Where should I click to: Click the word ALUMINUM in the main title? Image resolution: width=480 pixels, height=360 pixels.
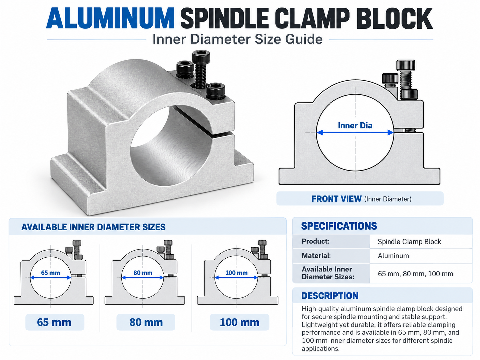coord(110,18)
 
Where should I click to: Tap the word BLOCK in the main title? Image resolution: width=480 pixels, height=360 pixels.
coord(396,18)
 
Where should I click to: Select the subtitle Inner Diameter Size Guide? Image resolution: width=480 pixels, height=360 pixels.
coord(237,39)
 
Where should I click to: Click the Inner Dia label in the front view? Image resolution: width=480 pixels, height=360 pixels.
coord(355,125)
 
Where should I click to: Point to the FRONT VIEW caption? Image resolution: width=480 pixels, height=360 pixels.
coord(361,199)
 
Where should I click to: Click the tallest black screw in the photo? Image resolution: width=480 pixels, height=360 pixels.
coord(201,69)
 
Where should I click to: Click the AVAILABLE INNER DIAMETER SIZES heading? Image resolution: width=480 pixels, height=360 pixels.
coord(93,227)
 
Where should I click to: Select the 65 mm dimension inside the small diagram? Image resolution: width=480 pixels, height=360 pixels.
coord(50,273)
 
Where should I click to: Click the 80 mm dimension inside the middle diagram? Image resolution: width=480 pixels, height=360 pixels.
coord(143,273)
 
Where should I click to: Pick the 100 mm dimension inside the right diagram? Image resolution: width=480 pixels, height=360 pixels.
coord(236,273)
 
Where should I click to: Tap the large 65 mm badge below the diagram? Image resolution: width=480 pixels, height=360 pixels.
coord(54,322)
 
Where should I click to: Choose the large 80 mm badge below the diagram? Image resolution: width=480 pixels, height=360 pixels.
coord(146,322)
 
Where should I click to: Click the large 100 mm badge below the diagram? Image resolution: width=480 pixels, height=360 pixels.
coord(239,322)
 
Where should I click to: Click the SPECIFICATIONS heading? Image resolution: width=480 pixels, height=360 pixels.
coord(339,226)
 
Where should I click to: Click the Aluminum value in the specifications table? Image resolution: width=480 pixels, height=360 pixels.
coord(393,256)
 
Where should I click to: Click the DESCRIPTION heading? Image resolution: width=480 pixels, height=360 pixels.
coord(330,296)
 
